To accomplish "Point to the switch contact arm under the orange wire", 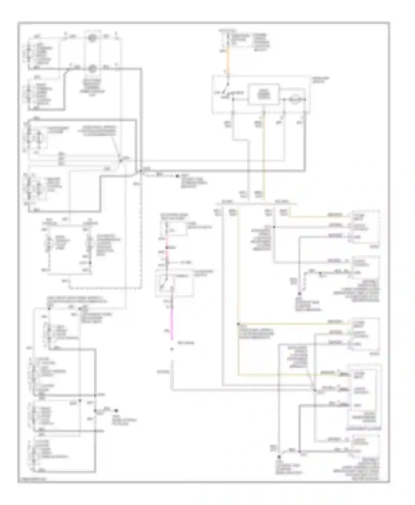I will click(x=227, y=91).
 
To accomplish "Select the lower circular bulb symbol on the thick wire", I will click(x=92, y=68).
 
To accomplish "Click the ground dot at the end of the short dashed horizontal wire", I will click(x=178, y=176).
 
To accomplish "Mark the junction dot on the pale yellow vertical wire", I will click(x=238, y=324).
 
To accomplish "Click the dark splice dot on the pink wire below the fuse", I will click(x=167, y=247).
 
